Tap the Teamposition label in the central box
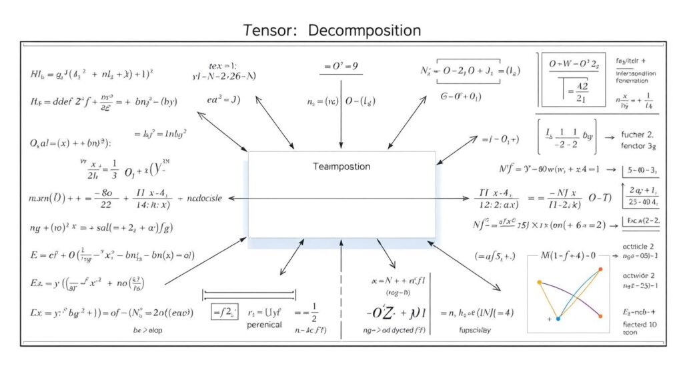point(341,167)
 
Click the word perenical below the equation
point(263,325)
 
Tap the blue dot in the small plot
point(558,318)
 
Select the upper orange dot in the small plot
point(600,269)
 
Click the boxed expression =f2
point(225,311)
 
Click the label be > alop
point(147,329)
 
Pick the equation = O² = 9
point(341,67)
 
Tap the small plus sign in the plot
point(549,319)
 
